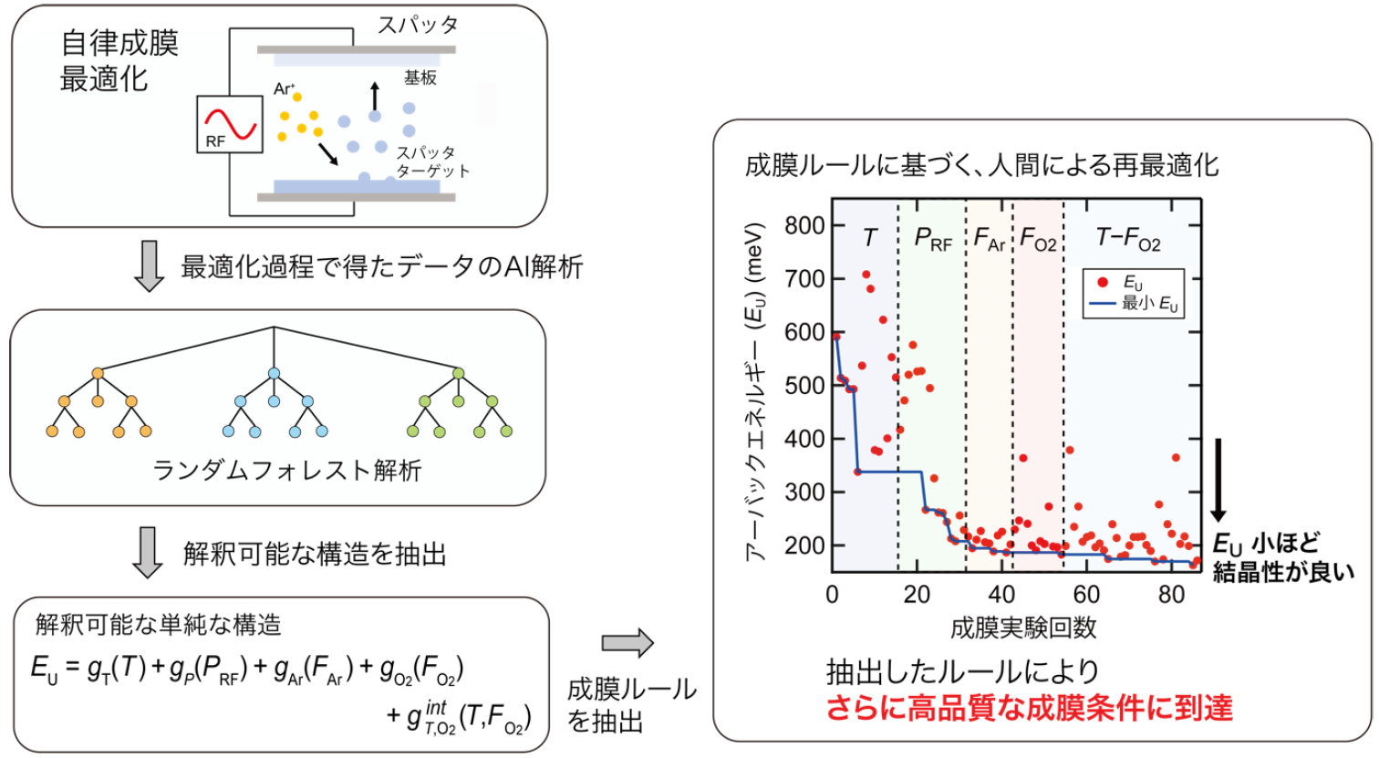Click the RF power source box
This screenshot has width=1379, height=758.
click(x=230, y=124)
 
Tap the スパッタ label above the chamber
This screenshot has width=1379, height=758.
click(x=418, y=25)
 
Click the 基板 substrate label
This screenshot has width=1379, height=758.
click(x=420, y=78)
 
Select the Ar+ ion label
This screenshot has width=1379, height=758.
click(x=284, y=88)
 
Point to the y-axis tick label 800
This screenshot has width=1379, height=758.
click(x=804, y=225)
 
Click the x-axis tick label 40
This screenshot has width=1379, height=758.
click(x=1001, y=595)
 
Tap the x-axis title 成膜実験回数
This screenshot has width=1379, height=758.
click(x=1023, y=628)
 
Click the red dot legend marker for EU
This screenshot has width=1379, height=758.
click(x=1103, y=282)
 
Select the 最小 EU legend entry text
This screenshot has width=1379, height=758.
click(x=1150, y=304)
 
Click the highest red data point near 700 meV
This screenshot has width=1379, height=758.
click(x=866, y=275)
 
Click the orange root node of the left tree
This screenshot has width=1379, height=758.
click(x=98, y=373)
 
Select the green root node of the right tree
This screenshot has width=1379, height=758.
click(x=458, y=373)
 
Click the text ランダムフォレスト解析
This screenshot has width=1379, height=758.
click(x=287, y=471)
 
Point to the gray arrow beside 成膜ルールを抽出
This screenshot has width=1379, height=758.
click(x=627, y=643)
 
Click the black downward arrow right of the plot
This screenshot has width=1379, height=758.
click(x=1218, y=481)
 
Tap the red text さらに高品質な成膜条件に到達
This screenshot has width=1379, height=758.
click(x=1030, y=708)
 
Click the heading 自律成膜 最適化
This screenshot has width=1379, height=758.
click(x=119, y=60)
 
